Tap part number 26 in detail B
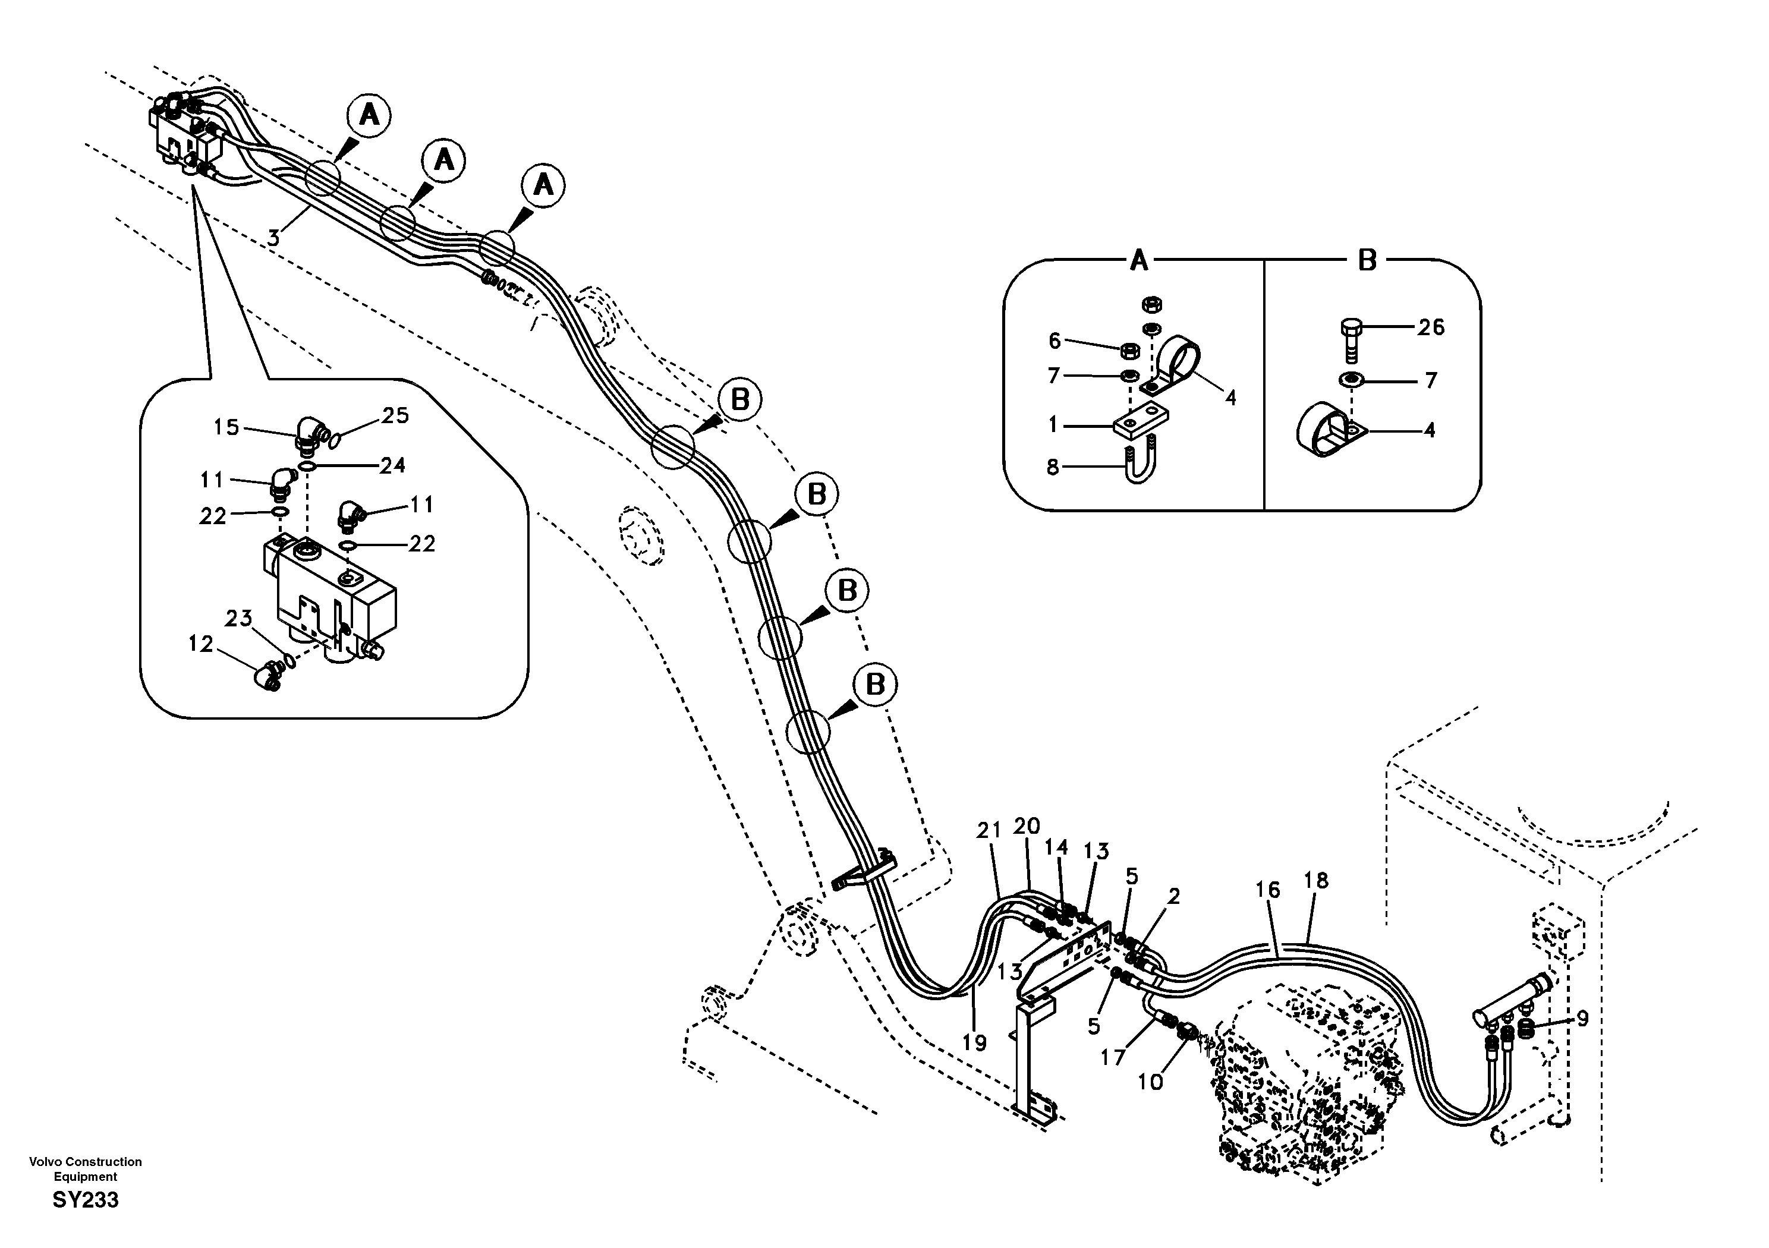pyautogui.click(x=1431, y=327)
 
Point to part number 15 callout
pyautogui.click(x=226, y=427)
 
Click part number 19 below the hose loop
pyautogui.click(x=975, y=1042)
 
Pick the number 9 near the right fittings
pyautogui.click(x=1582, y=1019)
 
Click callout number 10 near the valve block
pyautogui.click(x=1150, y=1082)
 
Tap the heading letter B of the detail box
pyautogui.click(x=1367, y=260)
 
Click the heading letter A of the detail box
pyautogui.click(x=1139, y=260)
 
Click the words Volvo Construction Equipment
pyautogui.click(x=86, y=1168)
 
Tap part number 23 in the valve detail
pyautogui.click(x=239, y=618)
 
